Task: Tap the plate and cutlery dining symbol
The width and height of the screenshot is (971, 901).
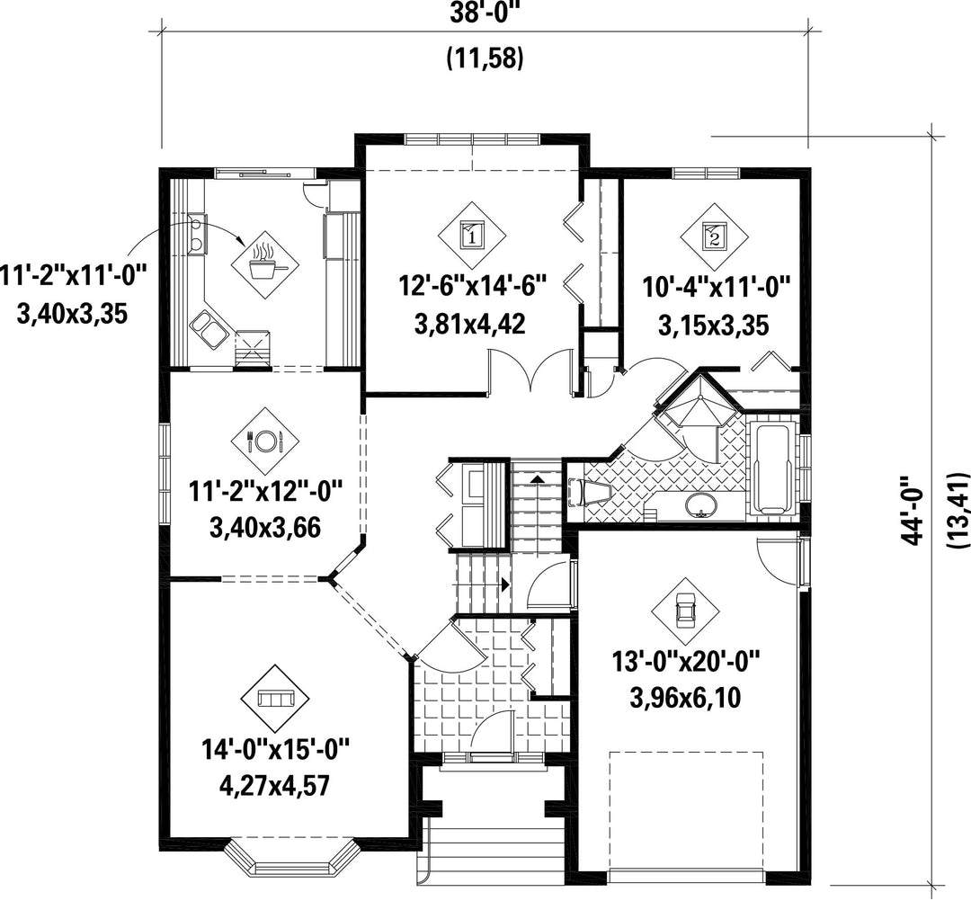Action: [265, 441]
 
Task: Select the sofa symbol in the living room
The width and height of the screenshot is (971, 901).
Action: [275, 699]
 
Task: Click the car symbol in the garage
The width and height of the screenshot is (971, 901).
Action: [685, 611]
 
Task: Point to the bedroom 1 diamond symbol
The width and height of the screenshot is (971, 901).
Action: [472, 236]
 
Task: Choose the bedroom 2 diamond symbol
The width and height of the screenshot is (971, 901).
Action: [715, 236]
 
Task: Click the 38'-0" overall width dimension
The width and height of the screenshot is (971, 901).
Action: [485, 13]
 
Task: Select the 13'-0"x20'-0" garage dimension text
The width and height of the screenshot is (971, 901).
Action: [685, 662]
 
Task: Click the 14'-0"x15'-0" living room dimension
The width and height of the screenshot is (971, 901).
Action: [276, 750]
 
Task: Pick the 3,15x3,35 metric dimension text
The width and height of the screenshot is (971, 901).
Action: [713, 326]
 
